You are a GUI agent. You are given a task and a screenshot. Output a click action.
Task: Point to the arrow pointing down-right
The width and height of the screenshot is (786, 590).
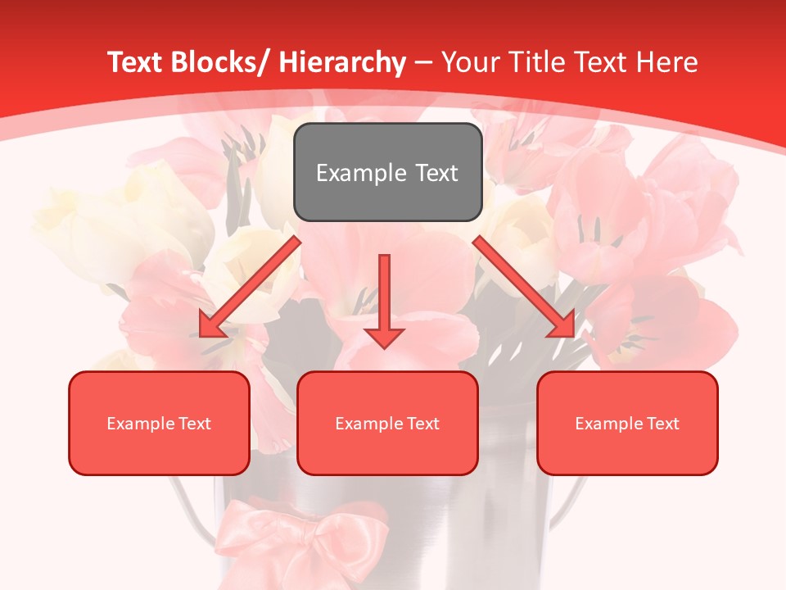[524, 287]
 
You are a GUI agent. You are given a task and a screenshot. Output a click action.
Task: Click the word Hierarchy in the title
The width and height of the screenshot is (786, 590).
[343, 62]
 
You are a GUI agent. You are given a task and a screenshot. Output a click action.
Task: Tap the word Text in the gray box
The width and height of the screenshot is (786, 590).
[436, 173]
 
